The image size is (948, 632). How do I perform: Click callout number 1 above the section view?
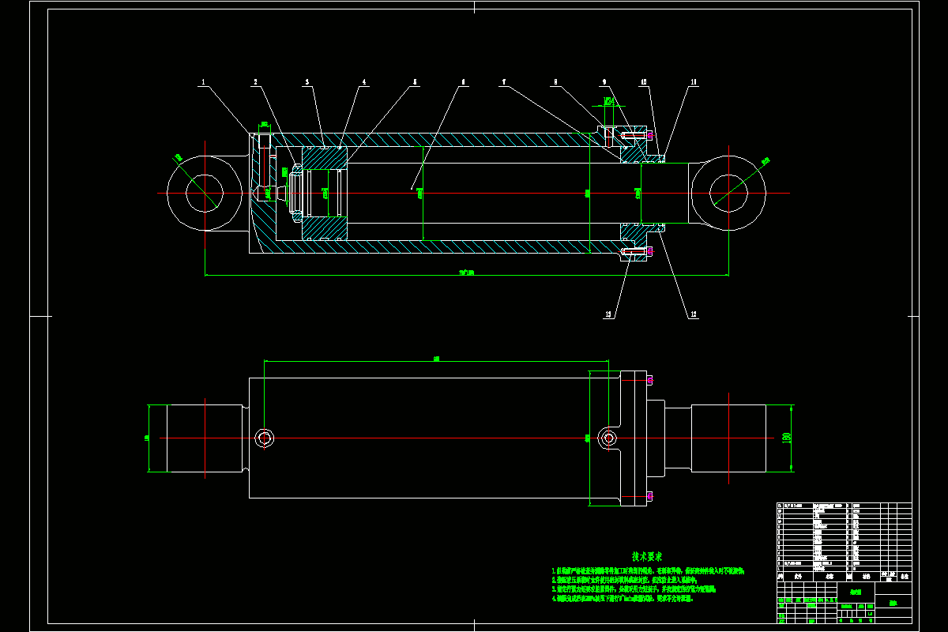click(203, 82)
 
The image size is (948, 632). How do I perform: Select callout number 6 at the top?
click(464, 82)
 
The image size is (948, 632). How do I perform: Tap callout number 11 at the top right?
click(694, 82)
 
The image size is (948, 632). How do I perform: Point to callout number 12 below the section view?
click(694, 314)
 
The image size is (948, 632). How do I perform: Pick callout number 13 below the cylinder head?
click(608, 314)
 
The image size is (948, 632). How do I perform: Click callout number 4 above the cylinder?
click(364, 82)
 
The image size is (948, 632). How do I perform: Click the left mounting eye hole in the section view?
click(204, 194)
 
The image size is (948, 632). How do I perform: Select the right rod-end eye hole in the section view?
click(728, 194)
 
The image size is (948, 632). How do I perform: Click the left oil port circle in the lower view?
click(265, 438)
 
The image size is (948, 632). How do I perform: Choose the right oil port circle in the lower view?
click(608, 438)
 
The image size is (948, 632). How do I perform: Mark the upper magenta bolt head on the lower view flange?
click(649, 381)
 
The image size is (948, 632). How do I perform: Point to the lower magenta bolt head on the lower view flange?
click(649, 496)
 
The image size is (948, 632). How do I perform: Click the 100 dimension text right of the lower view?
click(786, 438)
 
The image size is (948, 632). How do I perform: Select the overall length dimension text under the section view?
click(466, 273)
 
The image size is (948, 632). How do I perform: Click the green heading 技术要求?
click(652, 557)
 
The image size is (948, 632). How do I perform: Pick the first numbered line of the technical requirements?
click(648, 570)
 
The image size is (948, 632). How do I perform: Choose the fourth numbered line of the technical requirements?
click(624, 599)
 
